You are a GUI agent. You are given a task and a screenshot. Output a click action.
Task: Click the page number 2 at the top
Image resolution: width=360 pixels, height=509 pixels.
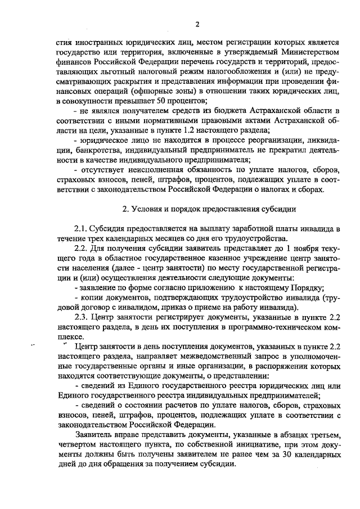click(197, 24)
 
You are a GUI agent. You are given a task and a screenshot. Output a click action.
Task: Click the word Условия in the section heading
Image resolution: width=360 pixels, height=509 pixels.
click(148, 209)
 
